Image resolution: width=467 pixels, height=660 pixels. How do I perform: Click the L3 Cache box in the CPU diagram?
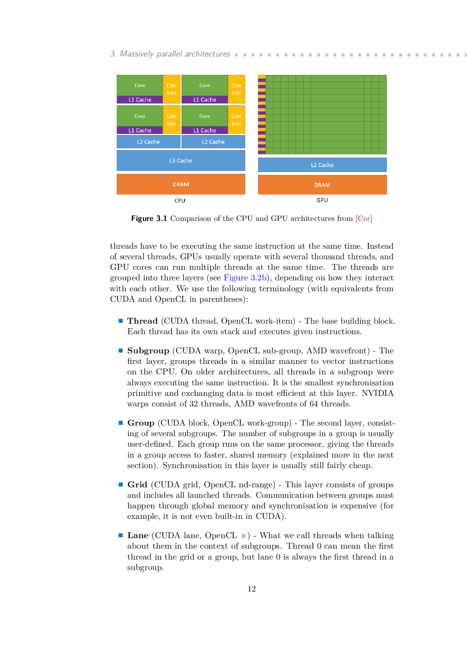[x=181, y=161]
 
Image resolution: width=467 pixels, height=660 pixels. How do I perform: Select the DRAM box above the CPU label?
[x=181, y=184]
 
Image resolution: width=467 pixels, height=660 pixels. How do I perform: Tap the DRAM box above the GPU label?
[x=322, y=185]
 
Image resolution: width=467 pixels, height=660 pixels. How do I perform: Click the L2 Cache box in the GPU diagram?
[x=322, y=165]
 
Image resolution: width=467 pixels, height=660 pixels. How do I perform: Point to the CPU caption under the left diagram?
[x=180, y=201]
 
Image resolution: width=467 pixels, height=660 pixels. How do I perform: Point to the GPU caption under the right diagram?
[x=322, y=200]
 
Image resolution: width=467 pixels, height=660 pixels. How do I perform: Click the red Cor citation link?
[x=364, y=219]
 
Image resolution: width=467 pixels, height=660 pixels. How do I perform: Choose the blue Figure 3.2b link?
[x=245, y=278]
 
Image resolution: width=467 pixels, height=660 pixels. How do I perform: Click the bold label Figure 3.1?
[x=149, y=219]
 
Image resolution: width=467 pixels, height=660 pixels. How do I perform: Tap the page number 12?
[x=252, y=589]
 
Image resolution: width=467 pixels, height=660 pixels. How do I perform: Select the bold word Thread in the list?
[x=142, y=321]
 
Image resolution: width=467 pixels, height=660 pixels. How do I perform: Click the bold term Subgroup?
[x=148, y=351]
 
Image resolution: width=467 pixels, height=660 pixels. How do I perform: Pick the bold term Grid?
[x=137, y=485]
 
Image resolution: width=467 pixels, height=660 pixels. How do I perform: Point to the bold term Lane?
[x=138, y=535]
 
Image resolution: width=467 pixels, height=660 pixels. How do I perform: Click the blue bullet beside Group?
[x=121, y=423]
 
